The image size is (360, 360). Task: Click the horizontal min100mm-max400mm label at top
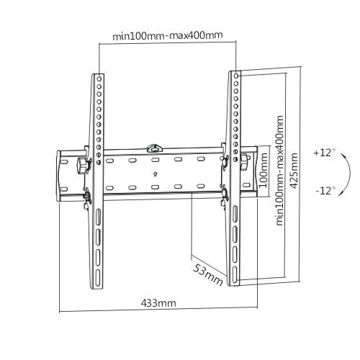click(168, 36)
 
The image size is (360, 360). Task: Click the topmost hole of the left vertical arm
click(99, 77)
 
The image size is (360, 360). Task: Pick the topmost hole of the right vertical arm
click(235, 75)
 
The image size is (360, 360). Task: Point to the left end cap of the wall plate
click(60, 174)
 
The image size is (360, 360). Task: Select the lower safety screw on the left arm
click(87, 194)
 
